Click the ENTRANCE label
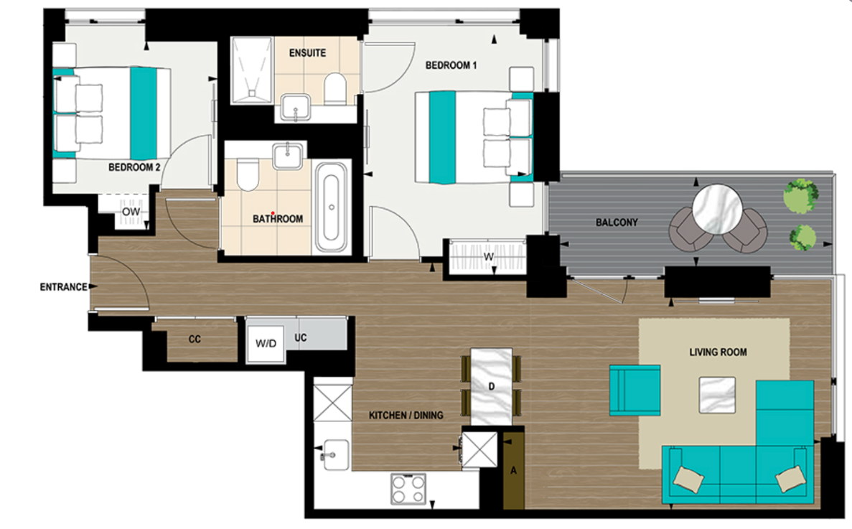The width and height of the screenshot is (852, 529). point(63,287)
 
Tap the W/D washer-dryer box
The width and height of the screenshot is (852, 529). point(266,343)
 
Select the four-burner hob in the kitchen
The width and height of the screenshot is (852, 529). point(408,491)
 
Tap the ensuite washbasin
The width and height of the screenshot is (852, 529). point(293,109)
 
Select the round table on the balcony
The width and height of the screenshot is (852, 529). point(717,209)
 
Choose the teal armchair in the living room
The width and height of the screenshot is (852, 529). point(635,390)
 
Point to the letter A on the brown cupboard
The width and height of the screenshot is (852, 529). point(513,472)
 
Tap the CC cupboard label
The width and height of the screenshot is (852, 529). point(195,339)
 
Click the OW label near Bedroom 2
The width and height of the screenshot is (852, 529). point(130,212)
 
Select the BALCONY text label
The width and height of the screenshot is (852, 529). point(617,223)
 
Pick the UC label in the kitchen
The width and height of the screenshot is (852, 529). point(300,337)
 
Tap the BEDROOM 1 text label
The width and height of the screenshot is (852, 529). point(451,65)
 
